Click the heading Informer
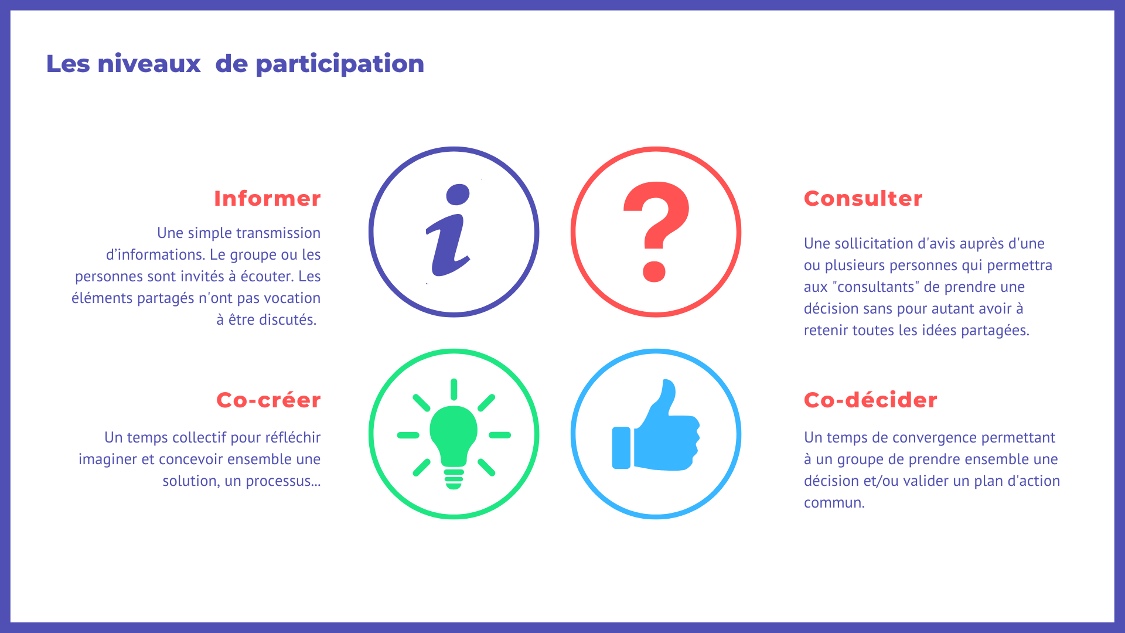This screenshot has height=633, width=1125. tap(267, 199)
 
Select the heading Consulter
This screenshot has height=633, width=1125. tap(863, 199)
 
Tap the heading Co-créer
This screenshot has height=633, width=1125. tap(268, 400)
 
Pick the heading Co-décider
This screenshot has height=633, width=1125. tap(871, 400)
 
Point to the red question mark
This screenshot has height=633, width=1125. tap(656, 232)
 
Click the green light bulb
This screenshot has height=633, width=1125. tap(454, 434)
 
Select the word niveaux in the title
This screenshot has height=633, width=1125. tap(149, 63)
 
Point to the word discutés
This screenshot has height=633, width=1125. tap(288, 319)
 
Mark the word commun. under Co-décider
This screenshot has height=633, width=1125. tap(834, 503)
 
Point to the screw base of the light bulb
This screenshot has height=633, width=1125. tap(454, 478)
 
